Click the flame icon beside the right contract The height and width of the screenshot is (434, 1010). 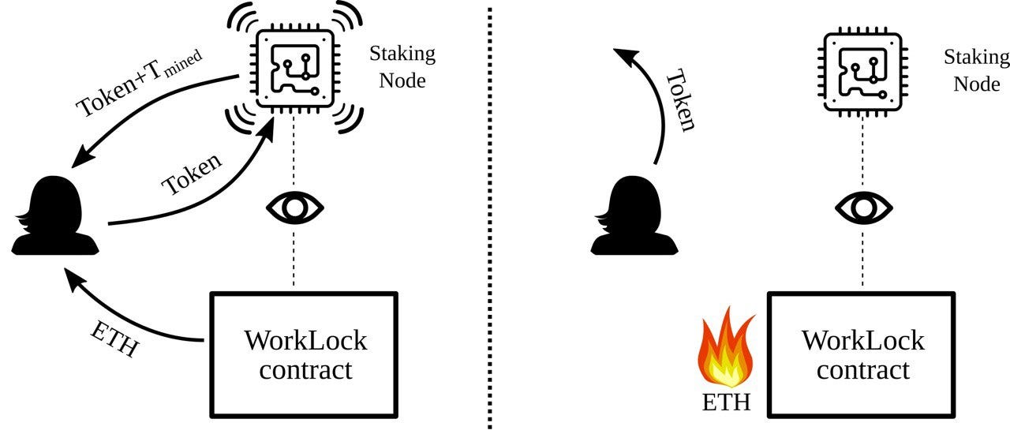tap(726, 350)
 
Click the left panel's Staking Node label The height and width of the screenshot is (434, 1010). tap(402, 67)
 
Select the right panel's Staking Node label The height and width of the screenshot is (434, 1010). tap(976, 69)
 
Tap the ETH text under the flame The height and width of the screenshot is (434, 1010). tap(726, 404)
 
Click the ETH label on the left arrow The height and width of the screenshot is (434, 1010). tap(115, 337)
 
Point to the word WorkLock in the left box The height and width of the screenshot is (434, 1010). tap(305, 341)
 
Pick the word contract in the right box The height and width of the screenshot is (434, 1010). tap(862, 370)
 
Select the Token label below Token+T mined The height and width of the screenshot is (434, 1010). tap(191, 174)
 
